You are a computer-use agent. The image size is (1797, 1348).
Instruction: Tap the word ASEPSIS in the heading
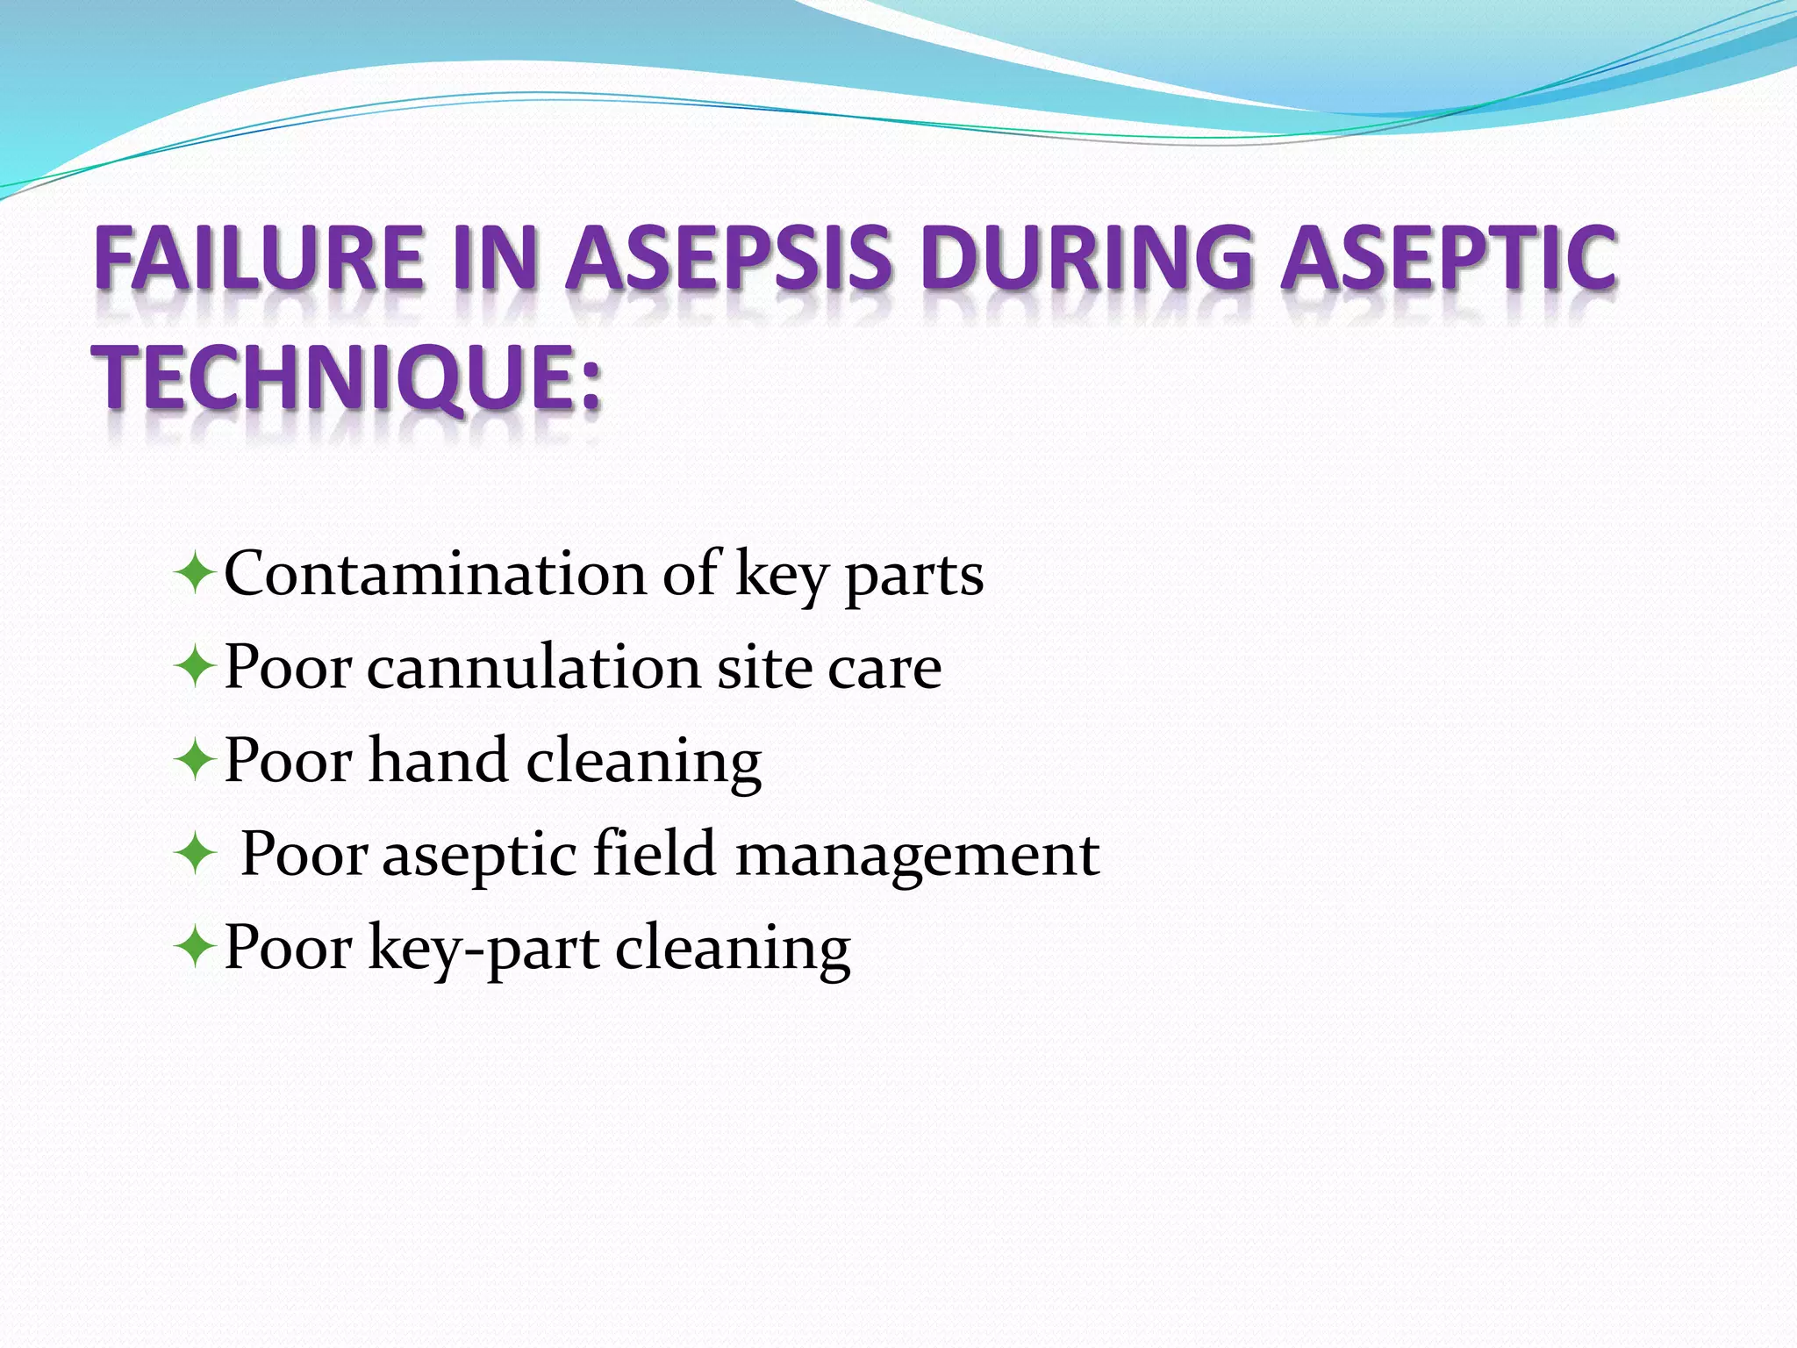728,258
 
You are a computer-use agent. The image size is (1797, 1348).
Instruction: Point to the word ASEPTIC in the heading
1448,258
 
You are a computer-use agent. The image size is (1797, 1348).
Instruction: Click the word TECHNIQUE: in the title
349,379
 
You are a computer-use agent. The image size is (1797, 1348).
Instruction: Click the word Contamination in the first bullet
435,574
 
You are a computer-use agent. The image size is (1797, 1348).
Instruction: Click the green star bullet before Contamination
194,576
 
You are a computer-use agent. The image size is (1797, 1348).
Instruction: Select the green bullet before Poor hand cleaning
194,762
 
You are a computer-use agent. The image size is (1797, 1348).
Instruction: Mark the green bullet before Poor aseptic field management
194,855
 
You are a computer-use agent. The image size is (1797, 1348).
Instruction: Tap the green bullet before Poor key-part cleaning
194,949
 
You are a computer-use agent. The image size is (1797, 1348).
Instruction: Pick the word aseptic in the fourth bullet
479,857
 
